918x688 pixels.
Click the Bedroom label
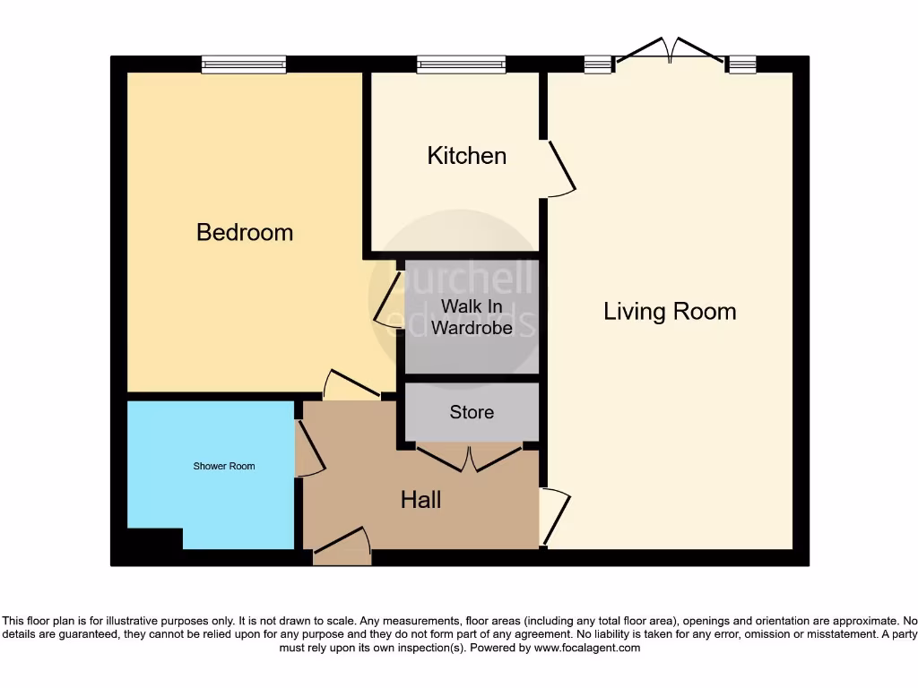pos(245,232)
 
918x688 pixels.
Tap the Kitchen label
pos(466,156)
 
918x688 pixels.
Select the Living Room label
pos(670,312)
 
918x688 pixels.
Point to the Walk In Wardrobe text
pos(472,317)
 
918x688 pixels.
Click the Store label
pos(472,412)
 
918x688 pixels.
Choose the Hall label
pos(420,499)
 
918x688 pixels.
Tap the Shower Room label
pos(224,466)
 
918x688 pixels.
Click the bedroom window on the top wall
pos(244,64)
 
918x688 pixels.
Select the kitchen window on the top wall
pos(461,64)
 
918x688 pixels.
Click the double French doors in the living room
pos(670,52)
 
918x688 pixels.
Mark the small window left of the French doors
pos(597,64)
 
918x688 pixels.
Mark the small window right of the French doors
pos(741,64)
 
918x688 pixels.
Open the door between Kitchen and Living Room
pos(560,167)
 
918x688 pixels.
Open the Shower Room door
pos(309,448)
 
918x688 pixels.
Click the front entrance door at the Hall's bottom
pos(342,546)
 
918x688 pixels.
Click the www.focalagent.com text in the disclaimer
pos(586,648)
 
